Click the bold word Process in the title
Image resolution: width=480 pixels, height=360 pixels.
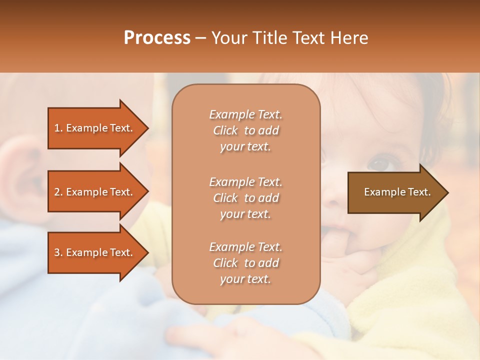157,38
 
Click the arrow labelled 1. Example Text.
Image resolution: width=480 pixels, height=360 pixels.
95,128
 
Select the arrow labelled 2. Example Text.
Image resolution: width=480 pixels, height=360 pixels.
95,192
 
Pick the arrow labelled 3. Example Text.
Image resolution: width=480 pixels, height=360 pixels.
95,252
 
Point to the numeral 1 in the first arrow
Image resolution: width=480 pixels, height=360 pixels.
57,128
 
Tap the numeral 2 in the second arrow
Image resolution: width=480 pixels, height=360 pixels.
57,192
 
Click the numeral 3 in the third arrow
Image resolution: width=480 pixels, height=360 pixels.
57,252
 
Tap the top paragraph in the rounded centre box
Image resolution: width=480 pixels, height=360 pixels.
245,130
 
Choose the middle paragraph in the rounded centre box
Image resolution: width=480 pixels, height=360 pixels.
245,198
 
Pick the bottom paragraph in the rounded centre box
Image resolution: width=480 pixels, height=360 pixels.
245,263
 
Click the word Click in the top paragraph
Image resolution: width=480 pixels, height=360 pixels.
225,130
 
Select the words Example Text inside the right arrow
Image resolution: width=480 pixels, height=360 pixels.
397,192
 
